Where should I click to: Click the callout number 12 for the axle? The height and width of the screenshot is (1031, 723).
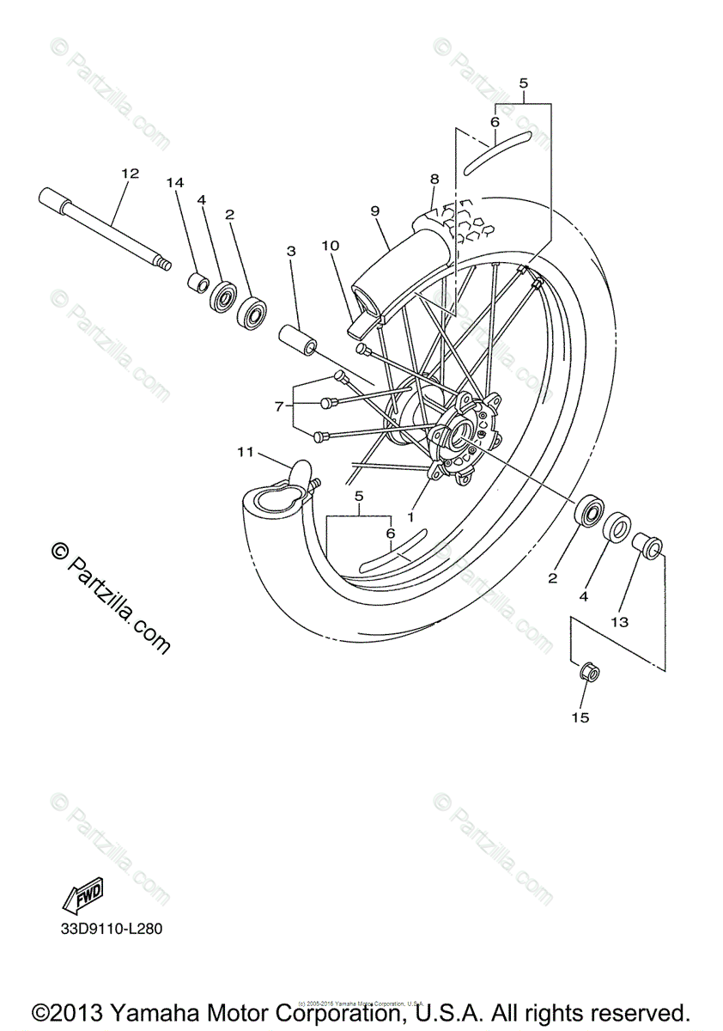pyautogui.click(x=130, y=174)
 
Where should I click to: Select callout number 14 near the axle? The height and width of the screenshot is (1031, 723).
pyautogui.click(x=175, y=182)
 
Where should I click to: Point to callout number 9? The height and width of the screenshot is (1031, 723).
pyautogui.click(x=375, y=210)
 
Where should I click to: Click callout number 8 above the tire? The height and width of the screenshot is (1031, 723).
pyautogui.click(x=434, y=180)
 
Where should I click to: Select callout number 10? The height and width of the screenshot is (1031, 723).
pyautogui.click(x=330, y=246)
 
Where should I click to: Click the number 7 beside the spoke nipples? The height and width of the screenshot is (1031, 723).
pyautogui.click(x=278, y=406)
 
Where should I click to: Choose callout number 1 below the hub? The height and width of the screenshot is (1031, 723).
pyautogui.click(x=410, y=518)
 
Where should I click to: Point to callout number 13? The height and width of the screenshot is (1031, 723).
pyautogui.click(x=620, y=621)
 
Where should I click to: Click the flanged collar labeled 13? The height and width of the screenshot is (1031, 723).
pyautogui.click(x=647, y=546)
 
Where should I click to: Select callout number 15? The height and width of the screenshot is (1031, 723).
pyautogui.click(x=580, y=717)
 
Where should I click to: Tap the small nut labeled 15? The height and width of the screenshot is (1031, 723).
pyautogui.click(x=588, y=672)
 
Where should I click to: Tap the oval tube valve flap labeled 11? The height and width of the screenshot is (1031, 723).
pyautogui.click(x=300, y=470)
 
